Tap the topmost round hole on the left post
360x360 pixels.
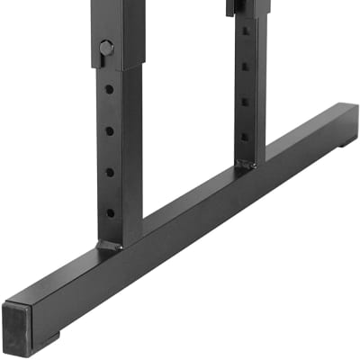109,89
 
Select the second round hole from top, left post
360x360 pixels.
110,130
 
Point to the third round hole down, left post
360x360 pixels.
110,172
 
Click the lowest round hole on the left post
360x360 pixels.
111,213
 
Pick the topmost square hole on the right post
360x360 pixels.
245,31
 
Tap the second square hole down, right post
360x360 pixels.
245,66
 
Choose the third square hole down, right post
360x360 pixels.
245,102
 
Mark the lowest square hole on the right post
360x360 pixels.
244,137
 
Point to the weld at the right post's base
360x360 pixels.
245,166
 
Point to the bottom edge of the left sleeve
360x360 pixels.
107,67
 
